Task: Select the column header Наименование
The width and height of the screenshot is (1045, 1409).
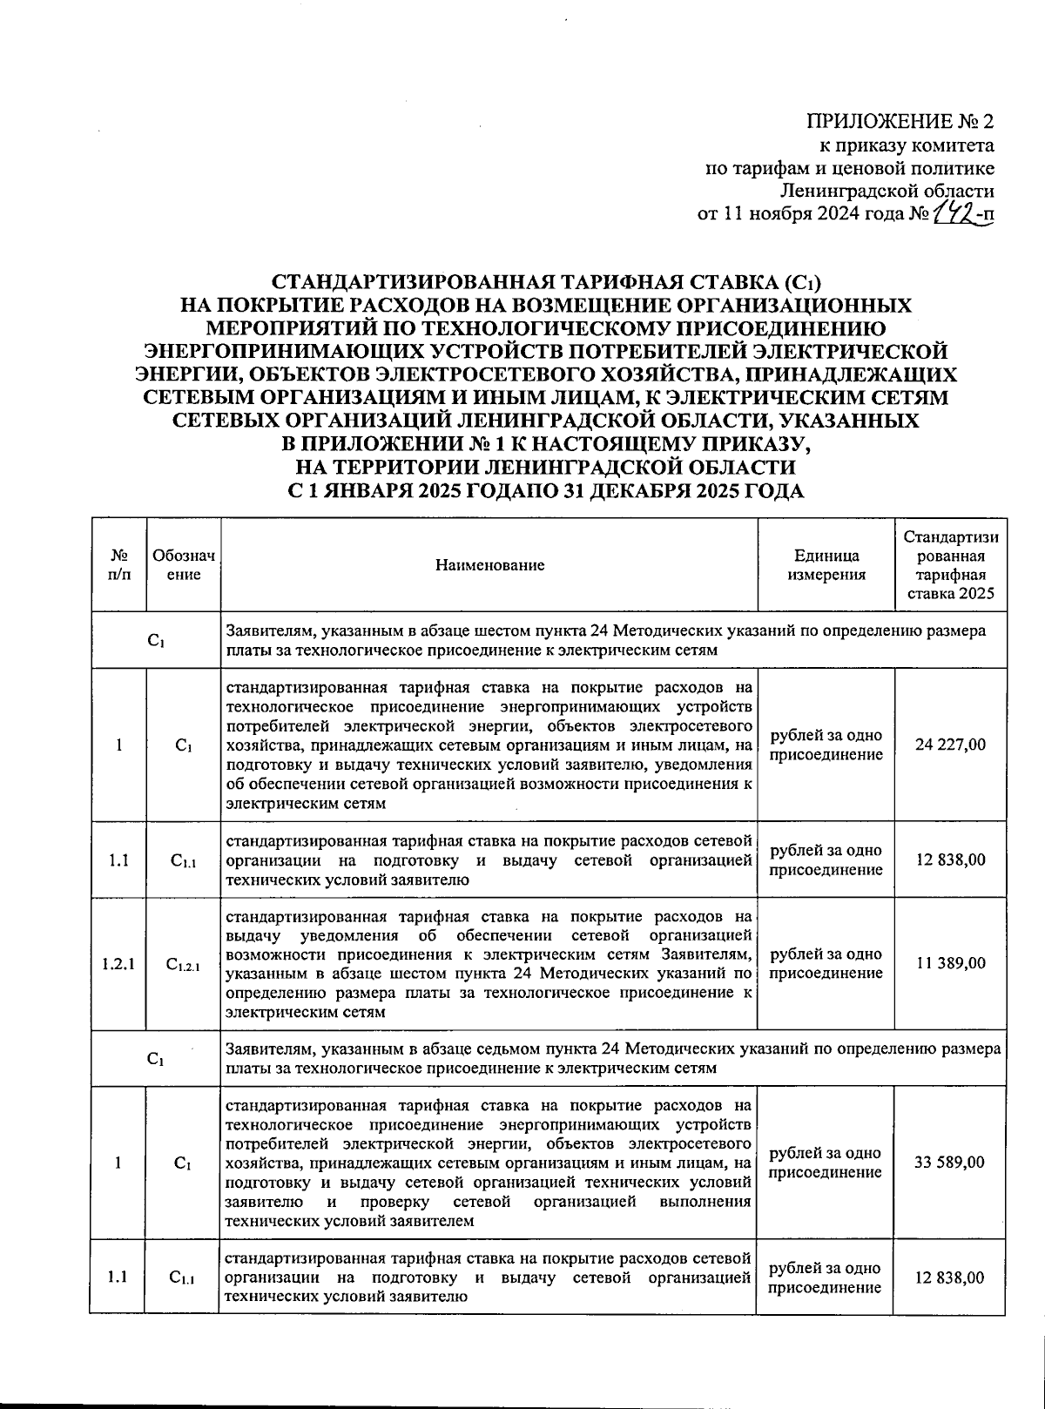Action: click(489, 565)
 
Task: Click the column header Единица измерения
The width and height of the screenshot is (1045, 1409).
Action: click(826, 565)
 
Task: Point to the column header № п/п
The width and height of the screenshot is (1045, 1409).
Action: click(118, 565)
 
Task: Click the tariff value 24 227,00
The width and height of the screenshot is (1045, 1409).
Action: click(951, 745)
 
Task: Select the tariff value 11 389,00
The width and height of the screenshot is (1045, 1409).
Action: click(951, 963)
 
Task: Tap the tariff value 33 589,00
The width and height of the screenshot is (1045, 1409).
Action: click(951, 1163)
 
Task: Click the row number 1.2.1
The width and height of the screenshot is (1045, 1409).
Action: click(118, 964)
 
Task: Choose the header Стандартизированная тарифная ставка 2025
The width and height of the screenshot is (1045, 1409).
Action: click(951, 565)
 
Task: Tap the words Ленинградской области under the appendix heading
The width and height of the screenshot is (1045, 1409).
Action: click(887, 191)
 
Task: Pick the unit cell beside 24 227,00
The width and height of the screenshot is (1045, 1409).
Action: click(826, 745)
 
